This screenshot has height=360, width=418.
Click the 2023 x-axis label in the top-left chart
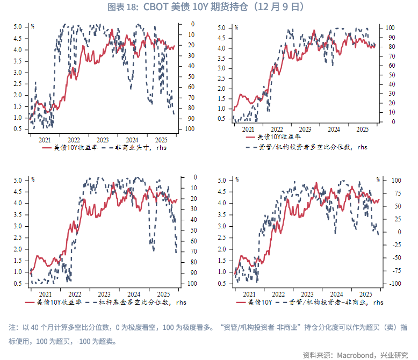[x=102, y=138]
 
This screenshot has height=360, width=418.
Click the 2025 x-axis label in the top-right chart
[x=363, y=129]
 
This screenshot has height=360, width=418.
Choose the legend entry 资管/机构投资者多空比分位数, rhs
[x=317, y=146]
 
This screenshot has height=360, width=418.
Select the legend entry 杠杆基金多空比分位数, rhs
[x=138, y=303]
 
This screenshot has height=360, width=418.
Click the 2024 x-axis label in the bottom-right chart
[x=336, y=293]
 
